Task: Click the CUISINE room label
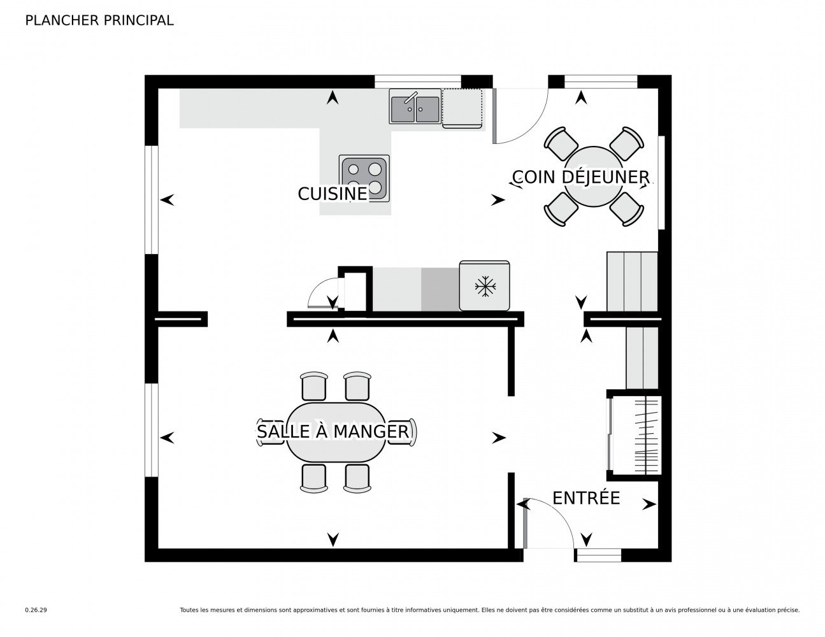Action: pos(332,194)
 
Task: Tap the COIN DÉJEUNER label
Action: pos(580,177)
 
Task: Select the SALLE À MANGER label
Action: pos(333,431)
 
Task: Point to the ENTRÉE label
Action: pos(586,497)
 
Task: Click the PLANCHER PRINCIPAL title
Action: pos(99,20)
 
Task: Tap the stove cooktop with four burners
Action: pos(364,178)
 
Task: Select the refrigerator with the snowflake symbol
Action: pos(484,285)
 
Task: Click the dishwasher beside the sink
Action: pos(463,108)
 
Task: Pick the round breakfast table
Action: pos(593,177)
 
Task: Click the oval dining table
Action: pos(336,432)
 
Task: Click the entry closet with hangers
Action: pos(634,435)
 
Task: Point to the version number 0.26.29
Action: pos(36,610)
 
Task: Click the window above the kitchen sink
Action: pos(418,82)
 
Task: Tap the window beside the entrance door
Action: pos(598,555)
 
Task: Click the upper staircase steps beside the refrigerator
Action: pos(632,282)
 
